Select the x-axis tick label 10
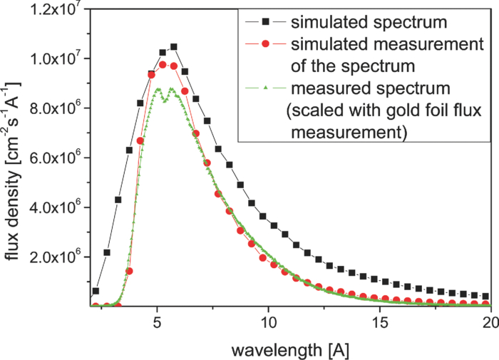pyautogui.click(x=268, y=322)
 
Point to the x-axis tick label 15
pyautogui.click(x=379, y=322)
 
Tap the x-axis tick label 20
pyautogui.click(x=488, y=322)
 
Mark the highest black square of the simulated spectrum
pyautogui.click(x=173, y=47)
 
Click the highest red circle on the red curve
pyautogui.click(x=163, y=65)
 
